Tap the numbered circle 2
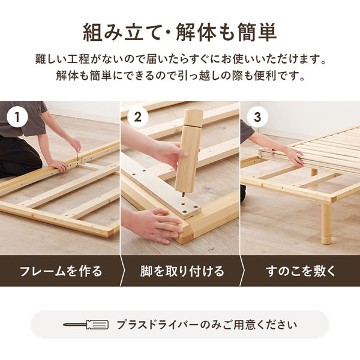[137, 117]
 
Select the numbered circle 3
[257, 117]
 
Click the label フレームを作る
[61, 271]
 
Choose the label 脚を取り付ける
[181, 271]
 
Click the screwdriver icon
[86, 325]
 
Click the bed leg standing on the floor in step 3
[325, 222]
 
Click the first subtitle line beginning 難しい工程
[179, 61]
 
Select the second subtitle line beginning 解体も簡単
[179, 77]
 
